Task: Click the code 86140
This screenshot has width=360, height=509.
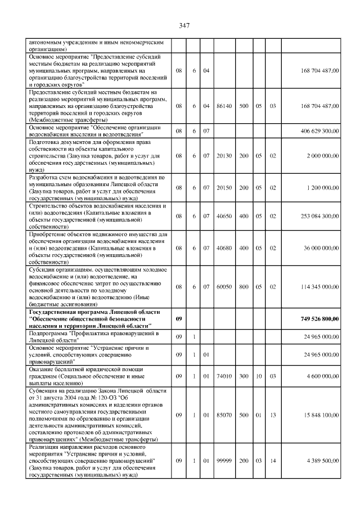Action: coord(223,105)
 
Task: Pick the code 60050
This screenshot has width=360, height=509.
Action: coord(223,286)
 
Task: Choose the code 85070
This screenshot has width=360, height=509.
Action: coord(223,415)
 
